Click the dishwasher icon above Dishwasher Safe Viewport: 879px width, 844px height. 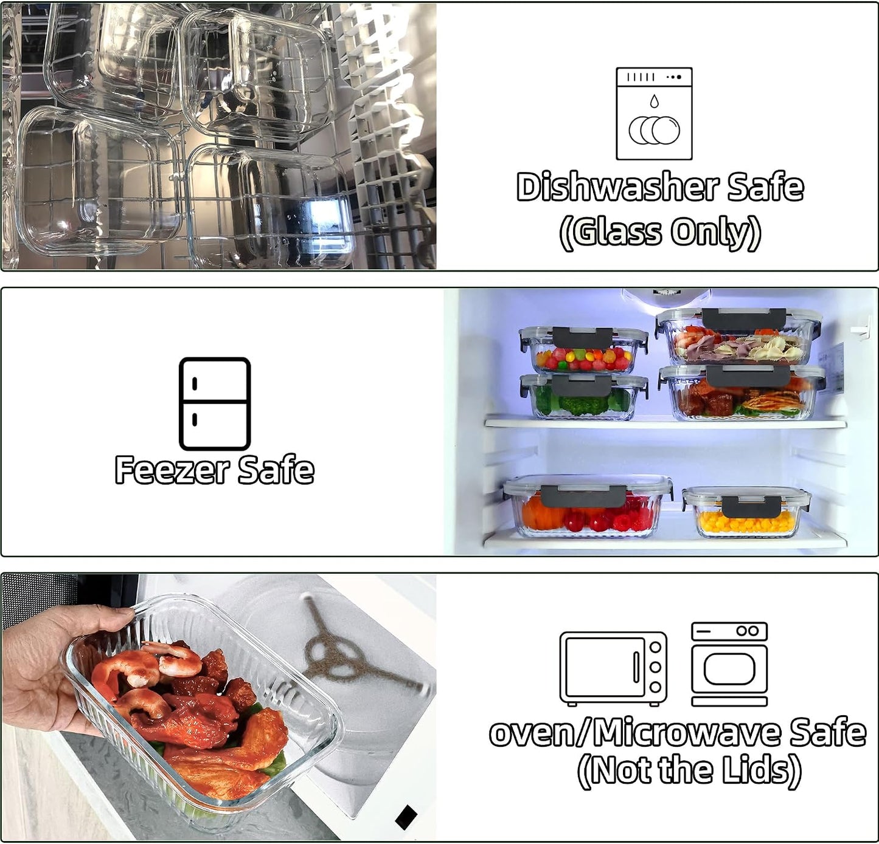click(654, 114)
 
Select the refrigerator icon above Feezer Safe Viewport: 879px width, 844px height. click(215, 403)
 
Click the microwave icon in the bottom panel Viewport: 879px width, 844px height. click(613, 668)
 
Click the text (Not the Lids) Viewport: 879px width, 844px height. click(689, 770)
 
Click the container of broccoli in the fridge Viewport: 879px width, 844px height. click(583, 397)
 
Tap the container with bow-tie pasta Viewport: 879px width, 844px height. click(739, 337)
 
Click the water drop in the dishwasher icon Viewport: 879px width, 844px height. click(654, 101)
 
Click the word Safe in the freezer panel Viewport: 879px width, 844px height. click(276, 470)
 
